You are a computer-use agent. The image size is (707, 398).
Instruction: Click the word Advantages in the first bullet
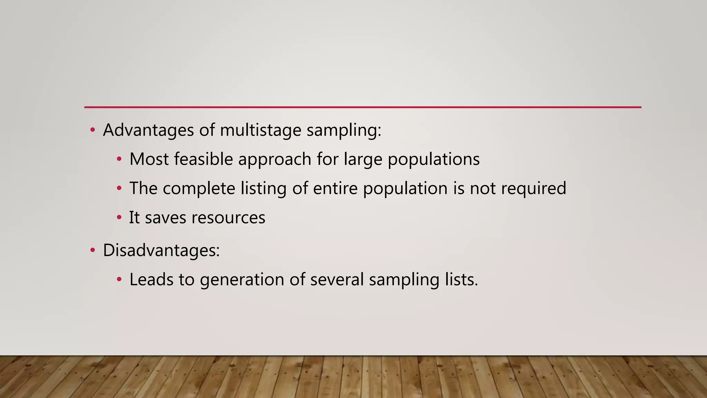[148, 130]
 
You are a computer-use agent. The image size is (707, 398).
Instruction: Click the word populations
[434, 159]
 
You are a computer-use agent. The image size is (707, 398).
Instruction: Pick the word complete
[199, 189]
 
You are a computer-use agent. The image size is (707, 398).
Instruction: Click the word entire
[335, 189]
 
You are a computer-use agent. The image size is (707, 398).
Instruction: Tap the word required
[533, 189]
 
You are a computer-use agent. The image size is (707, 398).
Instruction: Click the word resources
[228, 218]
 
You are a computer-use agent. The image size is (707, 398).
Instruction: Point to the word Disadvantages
[161, 250]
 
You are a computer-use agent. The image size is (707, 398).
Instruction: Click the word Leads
[151, 279]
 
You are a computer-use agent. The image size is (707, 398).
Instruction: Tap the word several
[337, 279]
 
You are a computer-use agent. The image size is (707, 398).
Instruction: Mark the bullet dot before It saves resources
[119, 218]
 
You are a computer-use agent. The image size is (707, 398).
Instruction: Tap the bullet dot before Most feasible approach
[119, 159]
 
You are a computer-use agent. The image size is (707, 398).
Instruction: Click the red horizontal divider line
[362, 107]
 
